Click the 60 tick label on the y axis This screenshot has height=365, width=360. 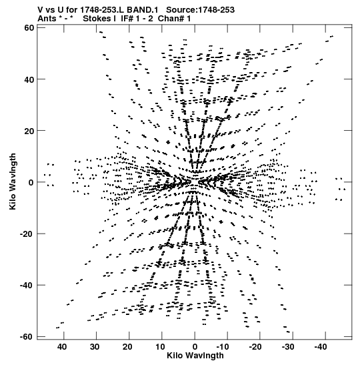29,28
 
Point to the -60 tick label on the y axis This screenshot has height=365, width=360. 27,336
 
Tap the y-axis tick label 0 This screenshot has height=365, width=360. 31,182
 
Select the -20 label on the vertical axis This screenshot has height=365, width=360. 27,234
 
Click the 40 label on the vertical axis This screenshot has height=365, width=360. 29,79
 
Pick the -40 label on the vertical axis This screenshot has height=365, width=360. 27,285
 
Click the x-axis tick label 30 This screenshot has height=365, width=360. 95,347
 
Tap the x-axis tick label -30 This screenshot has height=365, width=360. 288,347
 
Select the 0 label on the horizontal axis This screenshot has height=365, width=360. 195,347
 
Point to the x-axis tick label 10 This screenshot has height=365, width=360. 160,347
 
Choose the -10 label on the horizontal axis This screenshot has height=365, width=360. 223,347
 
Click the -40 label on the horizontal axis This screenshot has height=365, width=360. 321,347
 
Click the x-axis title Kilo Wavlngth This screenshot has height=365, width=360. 195,356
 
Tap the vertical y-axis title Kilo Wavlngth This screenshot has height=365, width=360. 13,181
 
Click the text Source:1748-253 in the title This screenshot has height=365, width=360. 201,10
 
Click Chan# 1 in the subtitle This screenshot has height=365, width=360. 174,19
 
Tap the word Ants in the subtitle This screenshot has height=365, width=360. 47,19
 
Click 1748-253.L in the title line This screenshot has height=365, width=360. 102,10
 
